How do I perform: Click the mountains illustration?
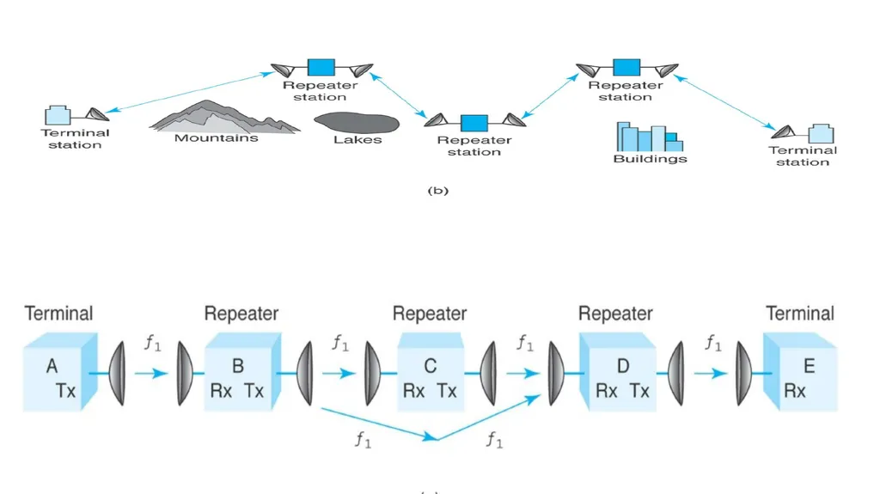224,116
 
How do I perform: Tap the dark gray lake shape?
357,122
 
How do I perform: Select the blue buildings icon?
650,137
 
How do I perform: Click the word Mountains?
216,138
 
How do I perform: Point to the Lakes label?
357,140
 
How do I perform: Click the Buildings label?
650,159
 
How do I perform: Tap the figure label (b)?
437,191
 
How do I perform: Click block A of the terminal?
61,372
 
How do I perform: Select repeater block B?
242,372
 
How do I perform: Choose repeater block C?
431,372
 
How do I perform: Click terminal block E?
800,372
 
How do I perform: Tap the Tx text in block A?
65,391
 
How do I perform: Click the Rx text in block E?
795,391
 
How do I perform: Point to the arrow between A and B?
151,373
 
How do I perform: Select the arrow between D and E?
711,373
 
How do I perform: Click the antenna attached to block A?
117,373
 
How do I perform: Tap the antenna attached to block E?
743,373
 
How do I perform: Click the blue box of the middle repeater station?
474,123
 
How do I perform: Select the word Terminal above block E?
800,314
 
